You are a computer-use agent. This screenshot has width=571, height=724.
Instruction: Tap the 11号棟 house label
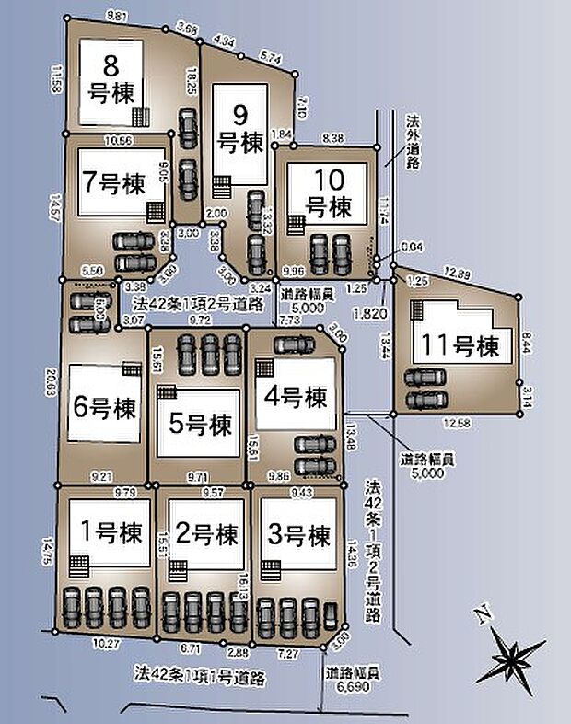pos(460,347)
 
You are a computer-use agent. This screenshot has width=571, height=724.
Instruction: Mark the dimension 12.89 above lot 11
pos(457,273)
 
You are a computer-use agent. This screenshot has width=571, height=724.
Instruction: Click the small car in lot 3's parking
pos(331,613)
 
